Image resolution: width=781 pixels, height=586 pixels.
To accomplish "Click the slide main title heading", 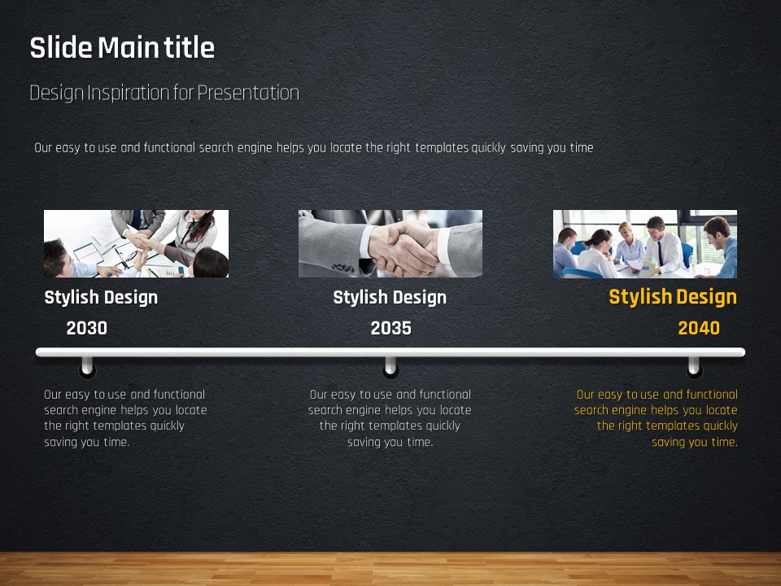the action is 122,48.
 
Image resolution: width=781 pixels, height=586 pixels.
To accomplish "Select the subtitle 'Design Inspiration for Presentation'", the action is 164,93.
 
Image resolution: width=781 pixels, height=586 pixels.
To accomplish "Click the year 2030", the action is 87,328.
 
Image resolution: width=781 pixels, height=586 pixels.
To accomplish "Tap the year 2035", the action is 391,328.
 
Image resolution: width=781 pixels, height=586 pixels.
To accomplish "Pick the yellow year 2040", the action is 699,328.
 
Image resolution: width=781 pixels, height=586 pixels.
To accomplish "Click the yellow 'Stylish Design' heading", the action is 673,297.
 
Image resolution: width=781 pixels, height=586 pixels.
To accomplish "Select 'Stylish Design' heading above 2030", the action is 101,298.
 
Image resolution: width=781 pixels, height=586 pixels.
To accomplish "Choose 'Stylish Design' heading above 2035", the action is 390,298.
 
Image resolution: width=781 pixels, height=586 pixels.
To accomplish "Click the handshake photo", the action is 390,243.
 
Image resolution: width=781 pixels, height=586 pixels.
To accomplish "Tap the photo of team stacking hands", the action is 137,243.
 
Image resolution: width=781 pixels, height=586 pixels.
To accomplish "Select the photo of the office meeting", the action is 645,243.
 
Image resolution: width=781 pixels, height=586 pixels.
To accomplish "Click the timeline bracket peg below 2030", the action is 87,367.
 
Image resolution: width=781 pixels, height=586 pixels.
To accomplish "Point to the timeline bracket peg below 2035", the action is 390,367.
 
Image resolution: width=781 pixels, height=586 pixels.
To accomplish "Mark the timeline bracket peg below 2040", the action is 694,367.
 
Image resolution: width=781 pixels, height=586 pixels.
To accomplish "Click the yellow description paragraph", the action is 656,418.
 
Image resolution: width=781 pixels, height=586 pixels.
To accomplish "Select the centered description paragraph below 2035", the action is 390,418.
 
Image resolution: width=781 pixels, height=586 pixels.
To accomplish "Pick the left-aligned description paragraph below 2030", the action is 125,418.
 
